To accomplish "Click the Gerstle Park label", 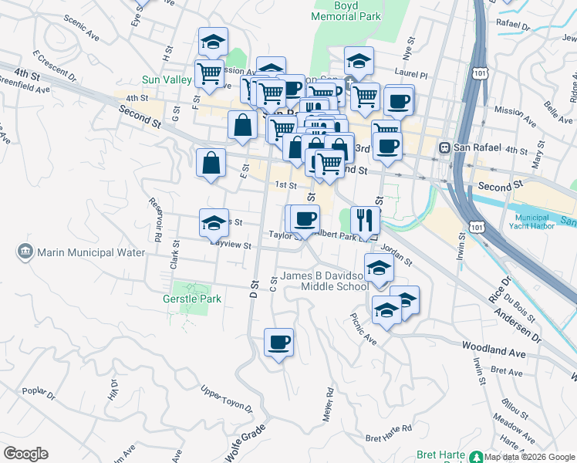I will [192, 299].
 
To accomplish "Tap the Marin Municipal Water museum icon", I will [25, 252].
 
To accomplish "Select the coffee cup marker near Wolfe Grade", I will [278, 342].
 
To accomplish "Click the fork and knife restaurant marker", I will [365, 220].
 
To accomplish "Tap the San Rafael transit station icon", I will [444, 147].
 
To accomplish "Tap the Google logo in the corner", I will [25, 453].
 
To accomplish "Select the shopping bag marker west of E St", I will [211, 164].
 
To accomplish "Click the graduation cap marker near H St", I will [213, 42].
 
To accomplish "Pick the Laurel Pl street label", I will [412, 75].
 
